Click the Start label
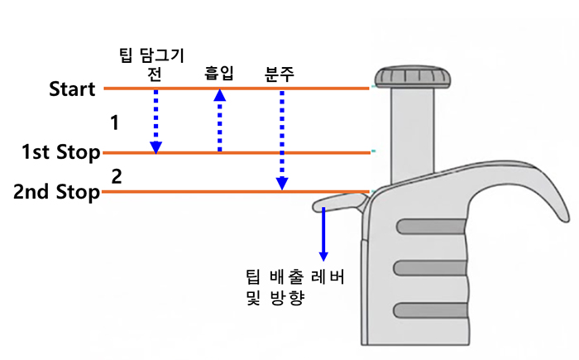click(72, 88)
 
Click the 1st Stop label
click(61, 153)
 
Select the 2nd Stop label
click(56, 193)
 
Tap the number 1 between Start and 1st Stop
click(115, 123)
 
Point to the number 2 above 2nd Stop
click(117, 175)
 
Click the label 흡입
click(219, 74)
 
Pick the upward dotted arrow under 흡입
click(219, 121)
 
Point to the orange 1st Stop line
click(248, 152)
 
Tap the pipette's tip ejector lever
click(339, 201)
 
